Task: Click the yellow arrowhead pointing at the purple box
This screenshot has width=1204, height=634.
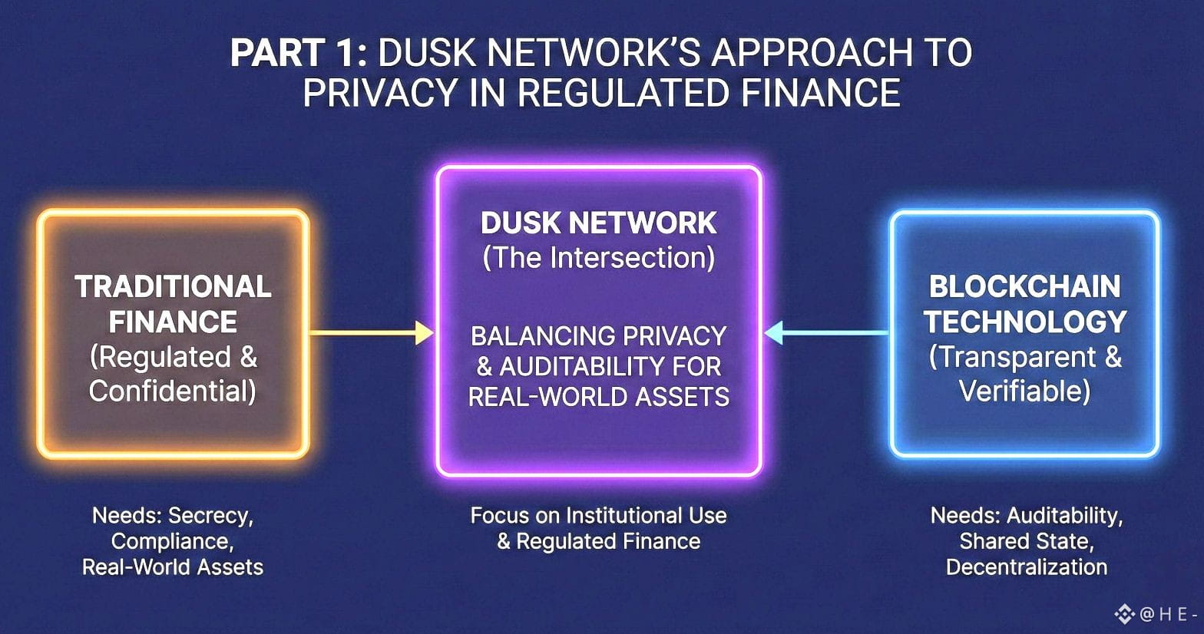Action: click(x=424, y=333)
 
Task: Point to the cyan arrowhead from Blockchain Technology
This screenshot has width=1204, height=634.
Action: click(x=774, y=333)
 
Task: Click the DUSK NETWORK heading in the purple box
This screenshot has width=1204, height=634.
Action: click(x=598, y=223)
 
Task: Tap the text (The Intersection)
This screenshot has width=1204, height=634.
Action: click(x=598, y=258)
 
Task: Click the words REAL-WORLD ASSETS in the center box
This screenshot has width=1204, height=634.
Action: click(x=598, y=397)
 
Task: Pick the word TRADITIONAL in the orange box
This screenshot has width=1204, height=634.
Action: click(x=173, y=287)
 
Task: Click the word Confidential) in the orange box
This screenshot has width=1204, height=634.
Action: click(x=173, y=391)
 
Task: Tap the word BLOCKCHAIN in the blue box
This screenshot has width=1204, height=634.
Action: click(x=1024, y=287)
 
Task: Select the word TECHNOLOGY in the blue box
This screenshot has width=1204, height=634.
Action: click(x=1024, y=322)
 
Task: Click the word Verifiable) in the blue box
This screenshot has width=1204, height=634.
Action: click(x=1024, y=391)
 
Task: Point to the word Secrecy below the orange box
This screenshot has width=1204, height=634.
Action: click(x=210, y=516)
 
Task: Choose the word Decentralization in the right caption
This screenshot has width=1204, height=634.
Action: click(x=1027, y=567)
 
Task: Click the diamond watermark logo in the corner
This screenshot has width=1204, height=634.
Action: click(x=1124, y=614)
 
